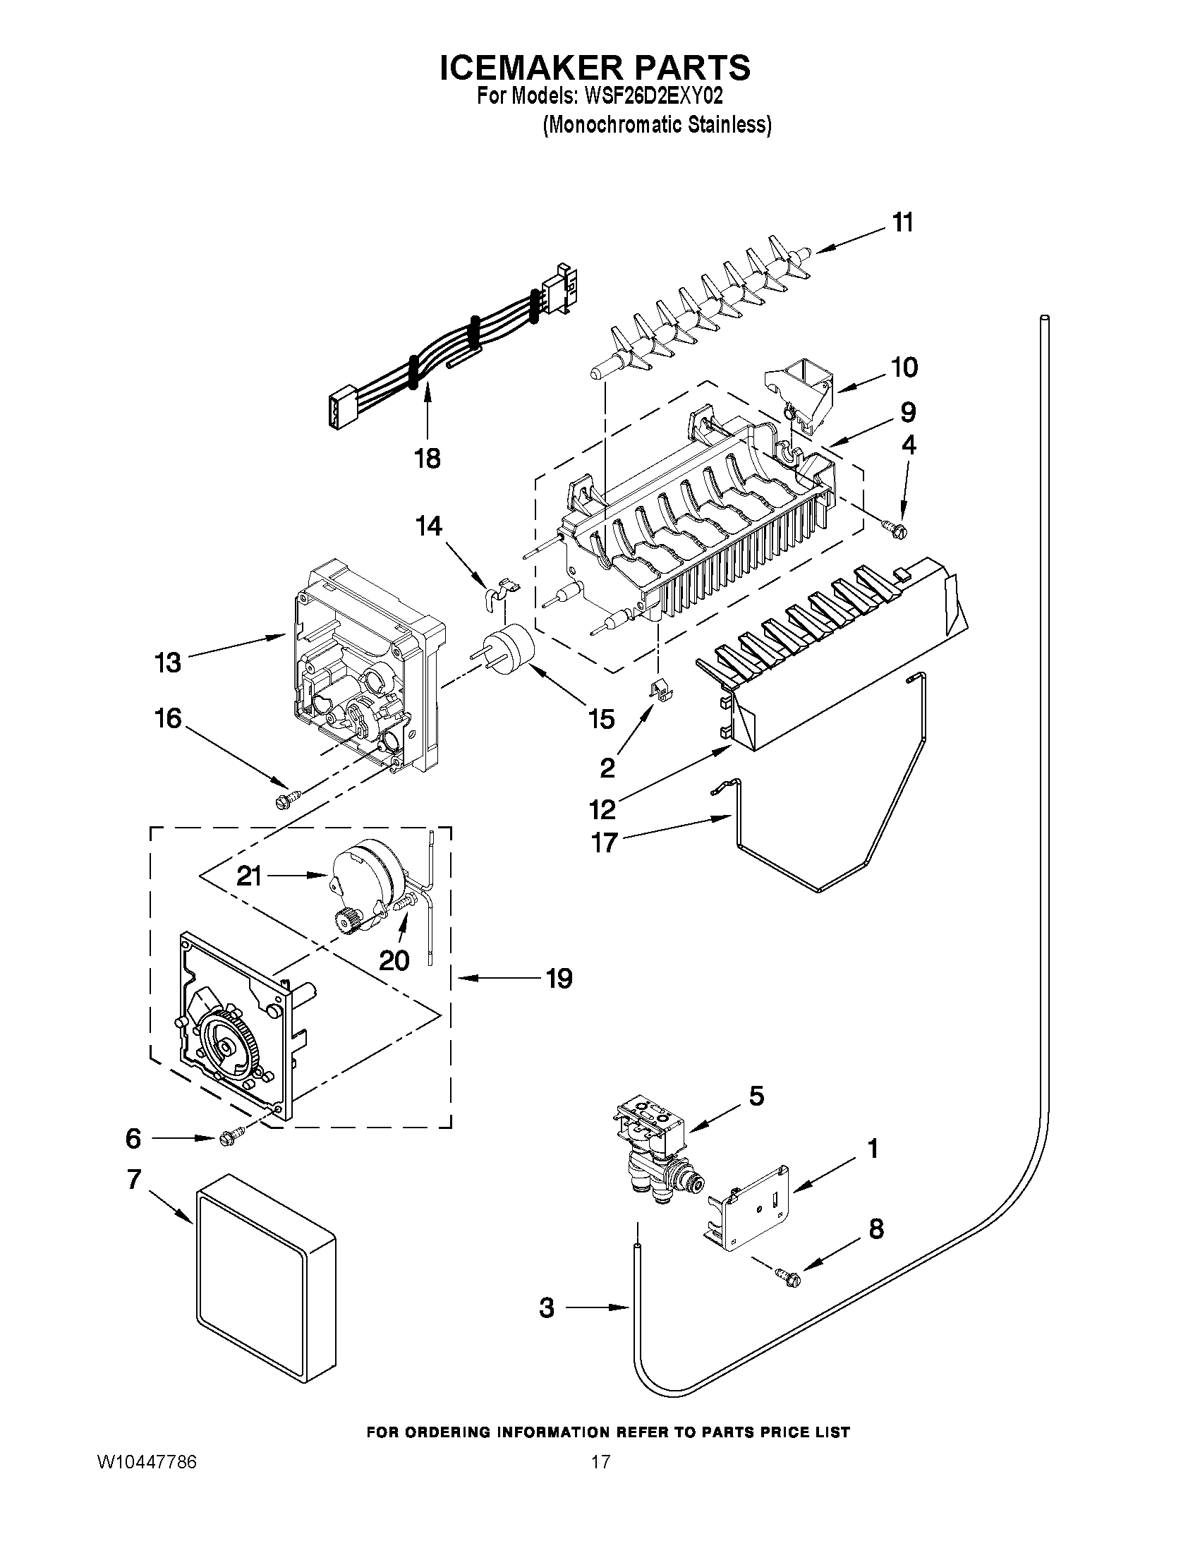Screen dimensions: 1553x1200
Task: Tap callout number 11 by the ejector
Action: [x=902, y=222]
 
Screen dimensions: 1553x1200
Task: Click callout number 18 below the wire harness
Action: [x=428, y=459]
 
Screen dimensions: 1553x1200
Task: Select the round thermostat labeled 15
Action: [x=506, y=650]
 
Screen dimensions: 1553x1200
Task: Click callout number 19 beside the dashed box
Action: [x=559, y=979]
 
